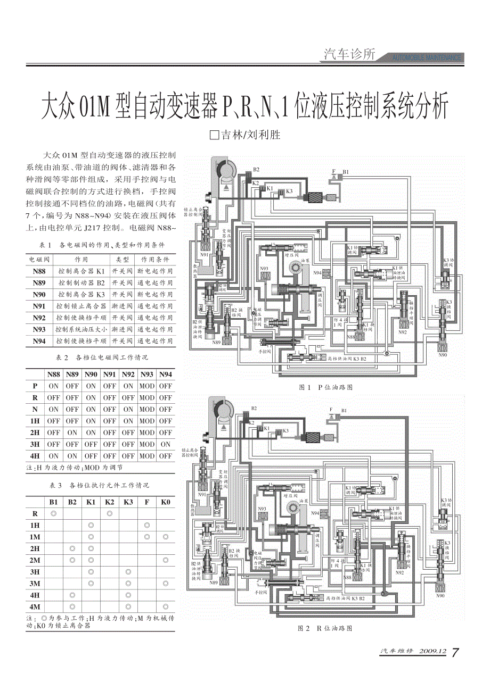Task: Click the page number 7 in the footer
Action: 455,653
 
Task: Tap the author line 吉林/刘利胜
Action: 245,135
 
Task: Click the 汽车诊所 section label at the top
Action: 349,54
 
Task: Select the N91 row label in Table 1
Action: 39,306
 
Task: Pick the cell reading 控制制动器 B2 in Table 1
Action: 81,282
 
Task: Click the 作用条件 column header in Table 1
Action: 155,259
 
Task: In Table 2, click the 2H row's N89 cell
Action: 72,432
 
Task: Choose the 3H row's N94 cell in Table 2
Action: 166,444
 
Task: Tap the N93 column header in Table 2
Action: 147,374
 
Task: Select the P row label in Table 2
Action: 35,386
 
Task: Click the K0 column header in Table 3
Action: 165,502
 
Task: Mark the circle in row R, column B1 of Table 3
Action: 54,513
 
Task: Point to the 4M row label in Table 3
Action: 35,607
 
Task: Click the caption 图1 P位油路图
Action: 326,387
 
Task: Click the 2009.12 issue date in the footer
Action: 432,652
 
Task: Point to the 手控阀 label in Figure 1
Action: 265,352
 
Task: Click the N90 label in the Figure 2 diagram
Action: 440,596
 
